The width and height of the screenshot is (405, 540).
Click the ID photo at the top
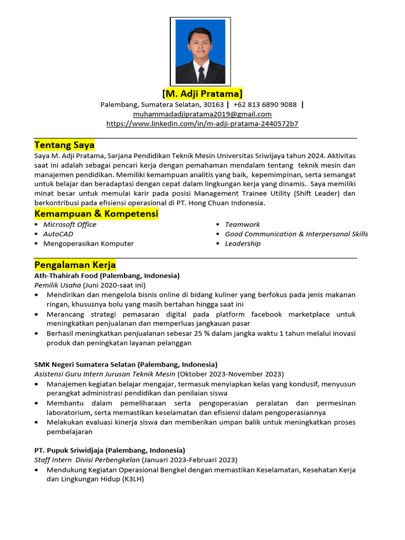click(200, 51)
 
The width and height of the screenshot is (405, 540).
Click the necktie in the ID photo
click(201, 74)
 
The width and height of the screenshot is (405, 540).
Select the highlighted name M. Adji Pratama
click(202, 94)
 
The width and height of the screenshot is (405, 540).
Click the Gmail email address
click(202, 114)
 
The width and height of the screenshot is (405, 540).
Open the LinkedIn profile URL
click(202, 123)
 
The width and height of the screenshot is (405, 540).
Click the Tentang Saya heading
click(64, 144)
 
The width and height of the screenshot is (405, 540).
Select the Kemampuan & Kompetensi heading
click(97, 214)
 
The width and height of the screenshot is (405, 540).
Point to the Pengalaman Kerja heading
click(75, 264)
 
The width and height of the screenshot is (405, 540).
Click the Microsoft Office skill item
click(70, 225)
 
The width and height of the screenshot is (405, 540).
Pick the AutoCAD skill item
click(58, 234)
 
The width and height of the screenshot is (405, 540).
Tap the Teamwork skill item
click(242, 225)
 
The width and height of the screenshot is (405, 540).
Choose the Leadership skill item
click(243, 244)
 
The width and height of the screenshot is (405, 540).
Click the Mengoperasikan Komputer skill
click(88, 244)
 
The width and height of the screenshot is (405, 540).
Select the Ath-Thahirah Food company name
click(71, 276)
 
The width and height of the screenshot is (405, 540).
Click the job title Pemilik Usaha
click(57, 285)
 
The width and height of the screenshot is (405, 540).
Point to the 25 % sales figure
click(215, 333)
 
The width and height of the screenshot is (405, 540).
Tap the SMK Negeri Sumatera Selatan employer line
click(85, 364)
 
